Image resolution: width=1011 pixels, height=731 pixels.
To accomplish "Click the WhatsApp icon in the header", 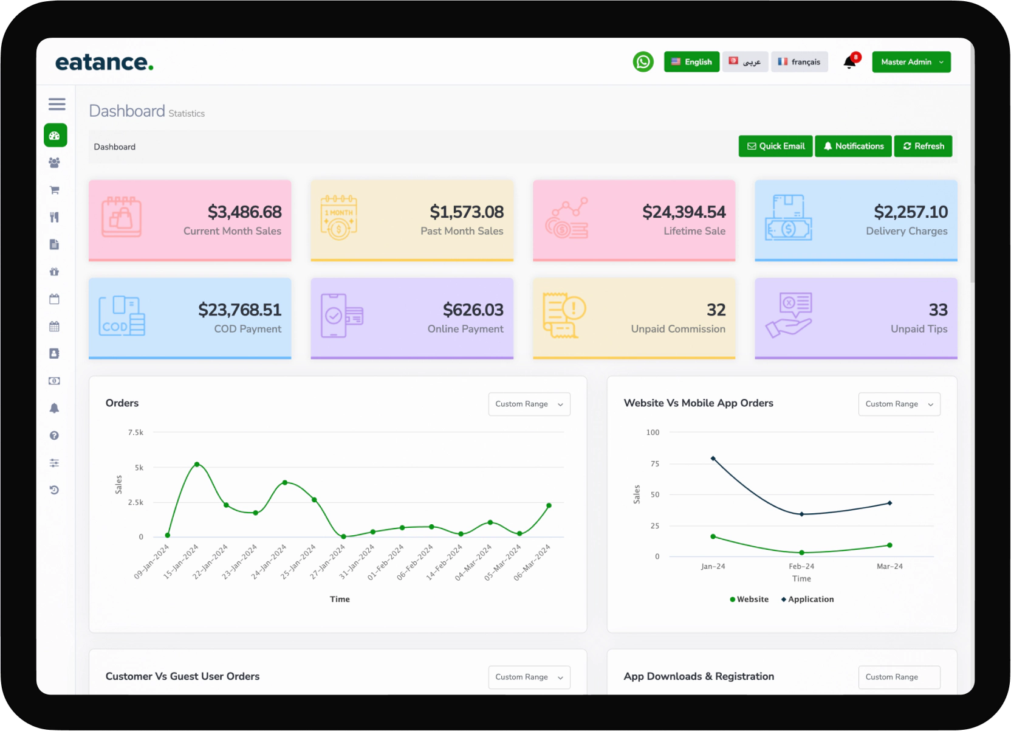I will [x=643, y=62].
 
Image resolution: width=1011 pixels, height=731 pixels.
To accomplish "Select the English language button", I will [x=691, y=62].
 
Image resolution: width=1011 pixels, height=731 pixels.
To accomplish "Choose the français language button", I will [x=799, y=62].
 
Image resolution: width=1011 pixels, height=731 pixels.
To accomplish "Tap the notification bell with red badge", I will [x=849, y=62].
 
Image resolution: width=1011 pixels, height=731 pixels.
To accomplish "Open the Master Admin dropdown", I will [x=911, y=62].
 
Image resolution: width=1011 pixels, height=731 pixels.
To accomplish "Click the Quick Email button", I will [x=775, y=146].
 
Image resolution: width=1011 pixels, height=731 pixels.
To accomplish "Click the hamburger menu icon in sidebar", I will [x=57, y=104].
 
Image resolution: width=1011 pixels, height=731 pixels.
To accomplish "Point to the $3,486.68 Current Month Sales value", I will [x=244, y=212].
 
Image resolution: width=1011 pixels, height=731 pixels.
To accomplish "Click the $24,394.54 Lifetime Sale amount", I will [x=684, y=212].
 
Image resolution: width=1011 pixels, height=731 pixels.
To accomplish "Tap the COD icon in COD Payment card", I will [x=122, y=316].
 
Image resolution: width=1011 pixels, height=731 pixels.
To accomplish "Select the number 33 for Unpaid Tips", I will [x=937, y=310].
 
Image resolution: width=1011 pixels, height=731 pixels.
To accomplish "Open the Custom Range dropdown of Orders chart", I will [x=529, y=404].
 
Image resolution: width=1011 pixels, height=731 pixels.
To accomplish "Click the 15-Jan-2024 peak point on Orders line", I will [x=197, y=464].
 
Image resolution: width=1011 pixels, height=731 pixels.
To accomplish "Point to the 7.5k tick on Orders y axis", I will [x=135, y=432].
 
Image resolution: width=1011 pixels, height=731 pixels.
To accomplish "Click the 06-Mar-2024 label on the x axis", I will [x=532, y=562].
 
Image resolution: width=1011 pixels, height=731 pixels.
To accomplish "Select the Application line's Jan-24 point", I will [x=713, y=459].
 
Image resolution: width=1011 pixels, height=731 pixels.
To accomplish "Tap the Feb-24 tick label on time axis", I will [x=801, y=566].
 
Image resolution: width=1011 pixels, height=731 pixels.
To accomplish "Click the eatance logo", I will [x=104, y=62].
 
